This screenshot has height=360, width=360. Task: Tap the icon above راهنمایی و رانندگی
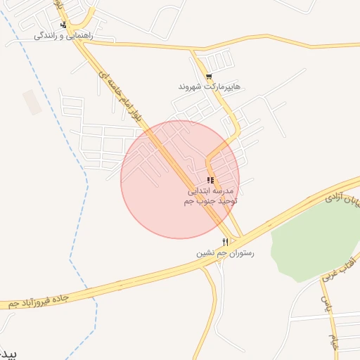point(63,25)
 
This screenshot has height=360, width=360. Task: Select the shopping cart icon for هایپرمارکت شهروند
point(209,77)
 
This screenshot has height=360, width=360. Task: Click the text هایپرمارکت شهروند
point(209,86)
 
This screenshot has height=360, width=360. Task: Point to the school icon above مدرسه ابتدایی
point(210,180)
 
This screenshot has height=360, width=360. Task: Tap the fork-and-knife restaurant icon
point(225,242)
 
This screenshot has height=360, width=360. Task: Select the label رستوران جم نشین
point(224,252)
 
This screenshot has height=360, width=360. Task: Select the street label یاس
point(326,304)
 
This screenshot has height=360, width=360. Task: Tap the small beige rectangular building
point(32,102)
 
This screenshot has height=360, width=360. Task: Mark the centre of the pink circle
point(180,179)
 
